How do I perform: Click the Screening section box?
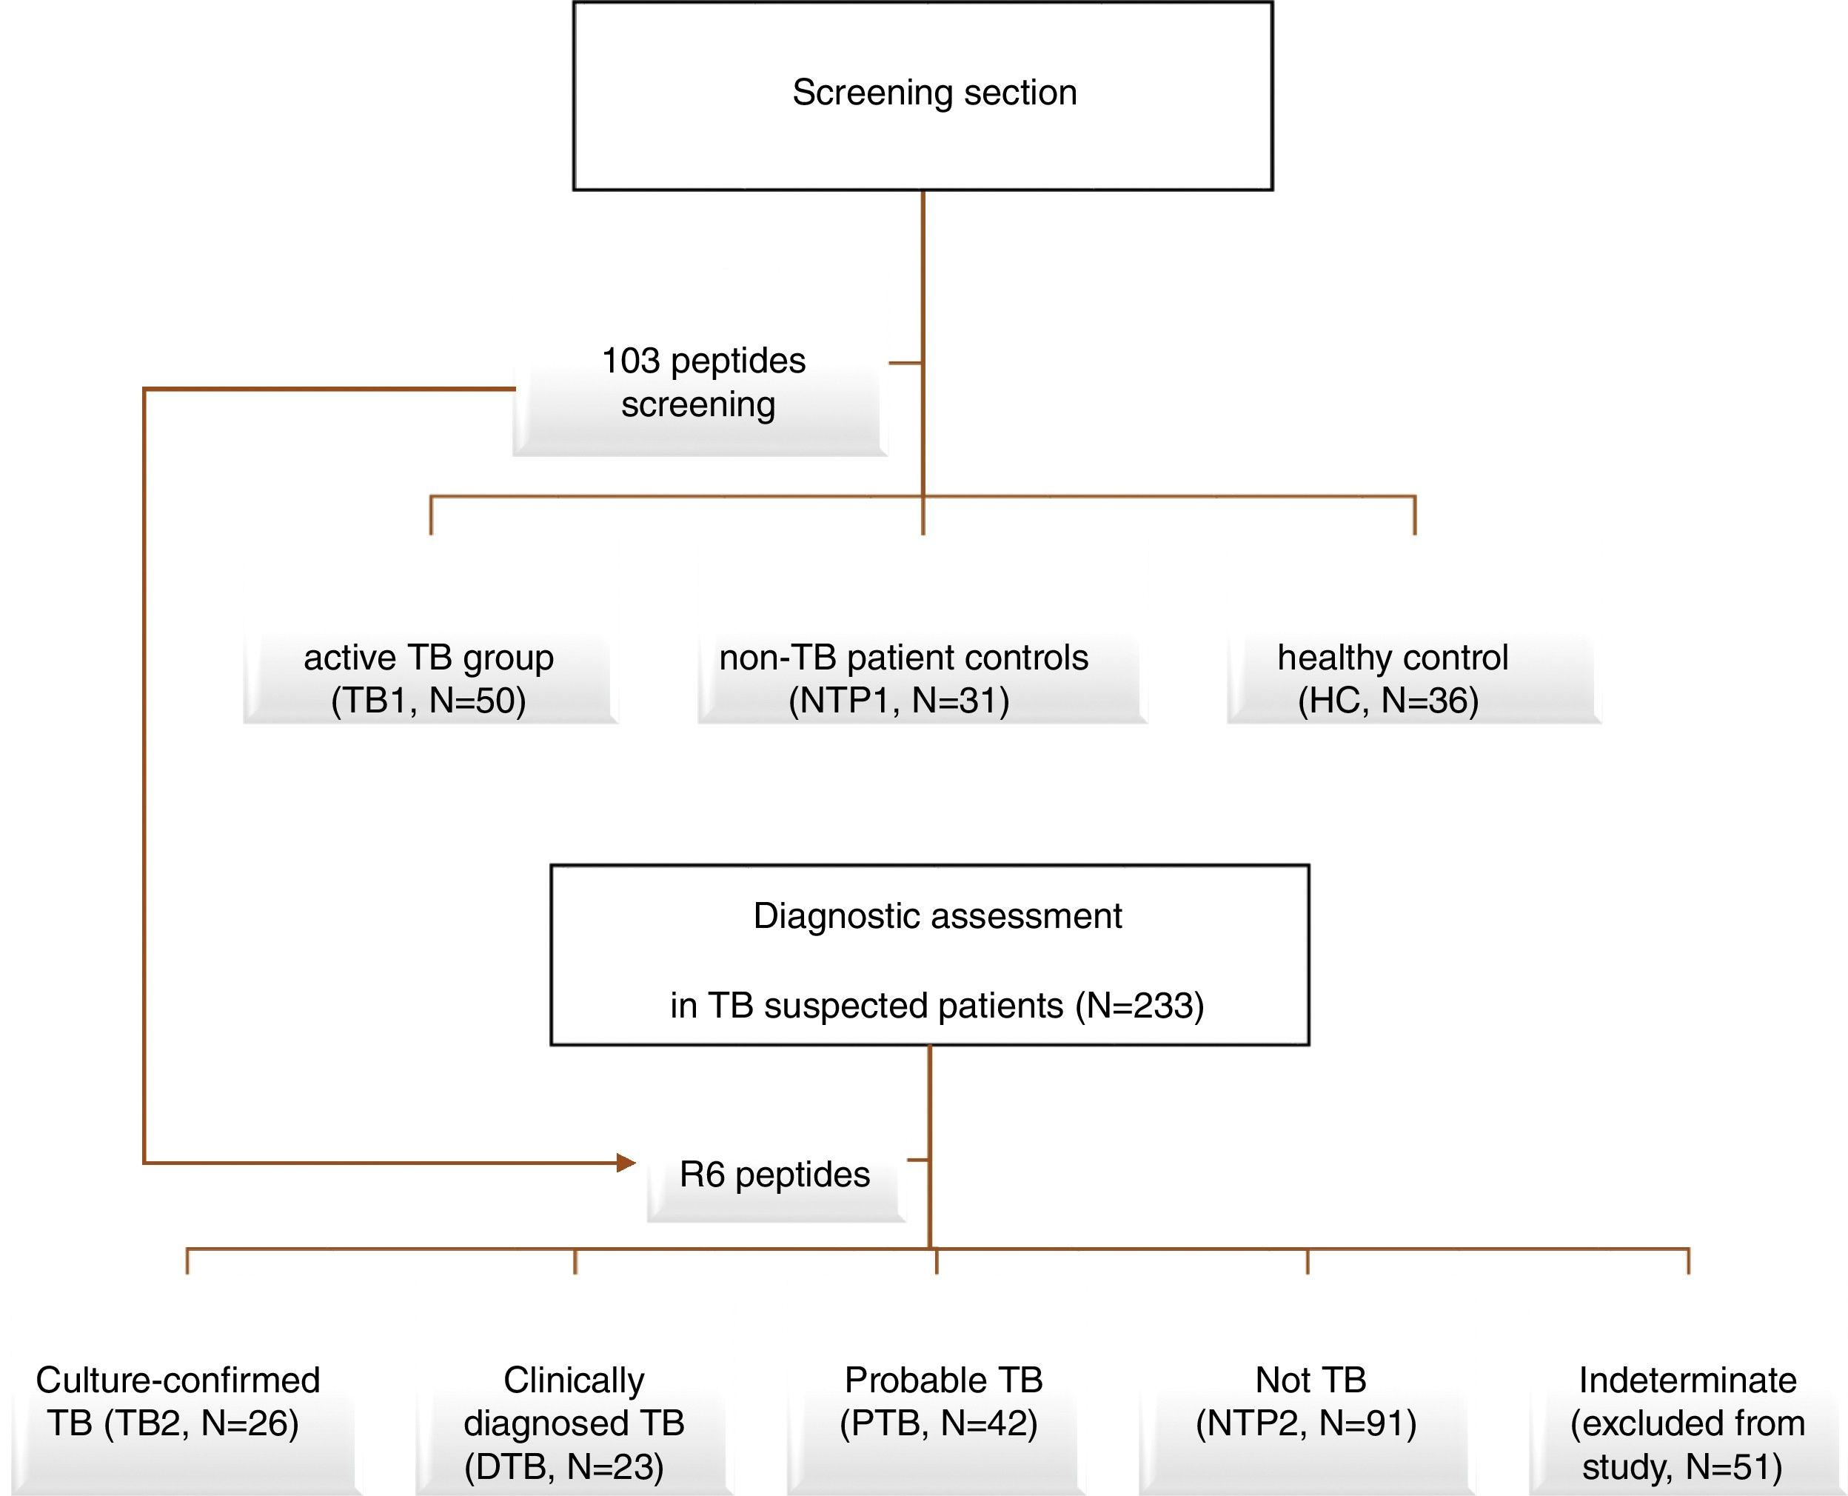[923, 95]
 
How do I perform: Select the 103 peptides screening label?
[701, 384]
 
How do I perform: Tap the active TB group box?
[429, 679]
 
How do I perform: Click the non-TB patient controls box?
[903, 679]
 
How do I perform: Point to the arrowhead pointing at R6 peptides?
[626, 1163]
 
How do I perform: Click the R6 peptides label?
[774, 1175]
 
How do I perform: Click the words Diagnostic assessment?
[937, 916]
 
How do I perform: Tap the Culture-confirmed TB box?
[177, 1403]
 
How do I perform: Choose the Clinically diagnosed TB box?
[573, 1423]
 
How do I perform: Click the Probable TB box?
[942, 1403]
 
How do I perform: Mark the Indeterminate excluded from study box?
[1687, 1423]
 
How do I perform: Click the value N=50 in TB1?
[475, 701]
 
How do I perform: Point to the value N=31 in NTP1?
[958, 701]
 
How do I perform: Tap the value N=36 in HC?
[1428, 701]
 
